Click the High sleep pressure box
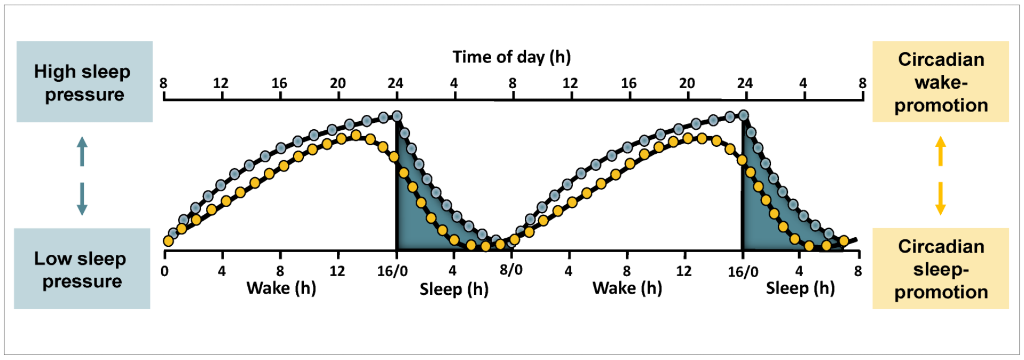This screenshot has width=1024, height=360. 84,82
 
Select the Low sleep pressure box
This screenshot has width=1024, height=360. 82,269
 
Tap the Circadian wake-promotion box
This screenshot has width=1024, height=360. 940,82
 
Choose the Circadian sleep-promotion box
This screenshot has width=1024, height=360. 940,269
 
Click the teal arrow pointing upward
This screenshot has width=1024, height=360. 82,151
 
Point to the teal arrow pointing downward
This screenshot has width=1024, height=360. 82,199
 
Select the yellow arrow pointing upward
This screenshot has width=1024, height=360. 941,151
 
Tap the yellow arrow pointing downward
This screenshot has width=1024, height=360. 941,199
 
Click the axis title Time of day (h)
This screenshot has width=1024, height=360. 511,57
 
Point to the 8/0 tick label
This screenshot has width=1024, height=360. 511,270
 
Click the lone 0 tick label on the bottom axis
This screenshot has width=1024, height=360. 164,271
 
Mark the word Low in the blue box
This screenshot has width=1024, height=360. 53,259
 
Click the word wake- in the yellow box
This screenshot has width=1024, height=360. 941,82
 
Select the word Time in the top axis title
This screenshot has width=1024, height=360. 472,57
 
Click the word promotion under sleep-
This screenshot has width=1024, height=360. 941,292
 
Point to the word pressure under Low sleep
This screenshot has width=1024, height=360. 82,281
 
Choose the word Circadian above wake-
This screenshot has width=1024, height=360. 941,59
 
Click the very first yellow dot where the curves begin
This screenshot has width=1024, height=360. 168,241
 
